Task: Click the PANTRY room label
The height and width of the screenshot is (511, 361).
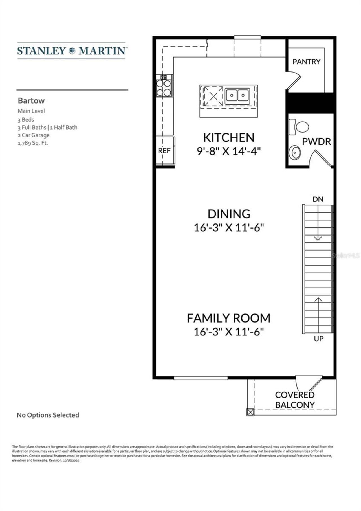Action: tap(306, 62)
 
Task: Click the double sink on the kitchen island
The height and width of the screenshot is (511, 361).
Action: tap(237, 95)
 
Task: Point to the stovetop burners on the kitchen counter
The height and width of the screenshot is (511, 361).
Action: tap(164, 87)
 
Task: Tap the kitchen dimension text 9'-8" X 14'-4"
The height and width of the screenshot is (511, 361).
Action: tap(228, 151)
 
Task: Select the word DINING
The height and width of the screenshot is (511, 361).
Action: tap(229, 214)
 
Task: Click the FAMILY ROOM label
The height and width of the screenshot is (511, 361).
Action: tap(228, 318)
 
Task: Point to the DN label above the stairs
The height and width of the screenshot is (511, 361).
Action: tap(318, 199)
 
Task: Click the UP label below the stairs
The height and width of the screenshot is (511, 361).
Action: tap(318, 339)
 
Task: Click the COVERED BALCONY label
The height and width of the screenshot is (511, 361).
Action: tap(295, 400)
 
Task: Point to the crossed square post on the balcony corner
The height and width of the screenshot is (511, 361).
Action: tap(250, 412)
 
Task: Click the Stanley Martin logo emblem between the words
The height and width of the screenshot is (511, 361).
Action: tap(72, 51)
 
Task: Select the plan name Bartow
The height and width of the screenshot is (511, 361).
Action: tap(31, 101)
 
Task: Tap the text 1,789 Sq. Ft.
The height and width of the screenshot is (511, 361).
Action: tap(33, 143)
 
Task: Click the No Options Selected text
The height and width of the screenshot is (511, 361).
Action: tap(48, 415)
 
